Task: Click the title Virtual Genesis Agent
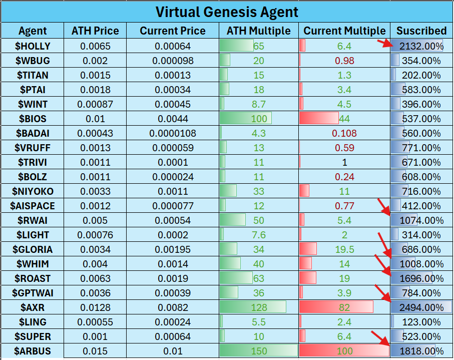227,12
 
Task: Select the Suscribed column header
421,31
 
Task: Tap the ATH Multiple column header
258,31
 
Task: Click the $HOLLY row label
33,46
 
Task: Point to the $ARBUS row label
33,351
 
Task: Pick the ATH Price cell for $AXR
95,307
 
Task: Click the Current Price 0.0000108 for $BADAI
173,133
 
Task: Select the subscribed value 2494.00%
421,307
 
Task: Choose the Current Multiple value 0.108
344,133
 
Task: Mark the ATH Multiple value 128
259,307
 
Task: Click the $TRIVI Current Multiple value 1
344,162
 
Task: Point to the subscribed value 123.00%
421,322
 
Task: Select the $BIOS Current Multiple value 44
344,119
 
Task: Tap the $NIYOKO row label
33,191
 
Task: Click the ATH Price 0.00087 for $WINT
95,104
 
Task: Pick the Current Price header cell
173,31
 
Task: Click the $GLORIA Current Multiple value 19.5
344,249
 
